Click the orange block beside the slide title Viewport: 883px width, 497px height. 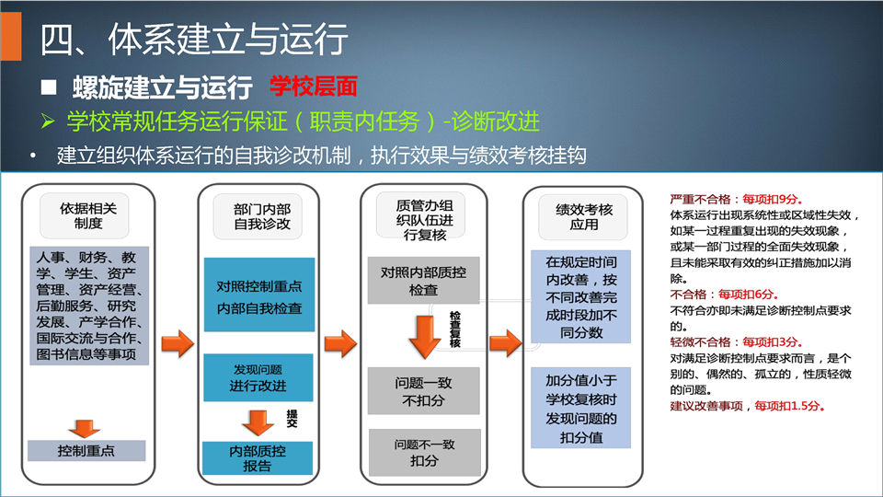[x=11, y=36]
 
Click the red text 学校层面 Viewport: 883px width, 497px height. [x=314, y=87]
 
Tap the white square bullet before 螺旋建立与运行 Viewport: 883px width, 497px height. [x=49, y=87]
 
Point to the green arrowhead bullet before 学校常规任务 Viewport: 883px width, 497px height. [x=48, y=121]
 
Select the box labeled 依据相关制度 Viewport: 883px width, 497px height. [x=85, y=215]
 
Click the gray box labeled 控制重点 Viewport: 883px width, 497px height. [x=86, y=451]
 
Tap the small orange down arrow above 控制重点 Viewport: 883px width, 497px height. [x=85, y=429]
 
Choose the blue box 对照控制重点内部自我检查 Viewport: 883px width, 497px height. [x=259, y=295]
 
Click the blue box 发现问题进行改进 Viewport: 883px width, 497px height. [x=258, y=377]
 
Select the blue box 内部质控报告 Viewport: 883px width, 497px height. [x=258, y=458]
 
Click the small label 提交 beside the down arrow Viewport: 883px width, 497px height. [x=292, y=418]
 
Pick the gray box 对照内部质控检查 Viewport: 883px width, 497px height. [x=423, y=281]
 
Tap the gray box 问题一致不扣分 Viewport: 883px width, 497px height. [x=423, y=391]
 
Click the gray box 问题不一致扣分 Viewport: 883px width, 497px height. [x=425, y=453]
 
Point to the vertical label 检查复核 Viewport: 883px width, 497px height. [x=455, y=329]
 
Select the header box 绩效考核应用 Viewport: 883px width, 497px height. [x=583, y=217]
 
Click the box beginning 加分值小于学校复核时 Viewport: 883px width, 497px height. [x=580, y=408]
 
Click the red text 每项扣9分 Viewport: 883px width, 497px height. [x=773, y=199]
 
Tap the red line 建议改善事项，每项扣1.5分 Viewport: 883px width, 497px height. [x=748, y=406]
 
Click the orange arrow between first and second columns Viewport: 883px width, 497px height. [x=178, y=343]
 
